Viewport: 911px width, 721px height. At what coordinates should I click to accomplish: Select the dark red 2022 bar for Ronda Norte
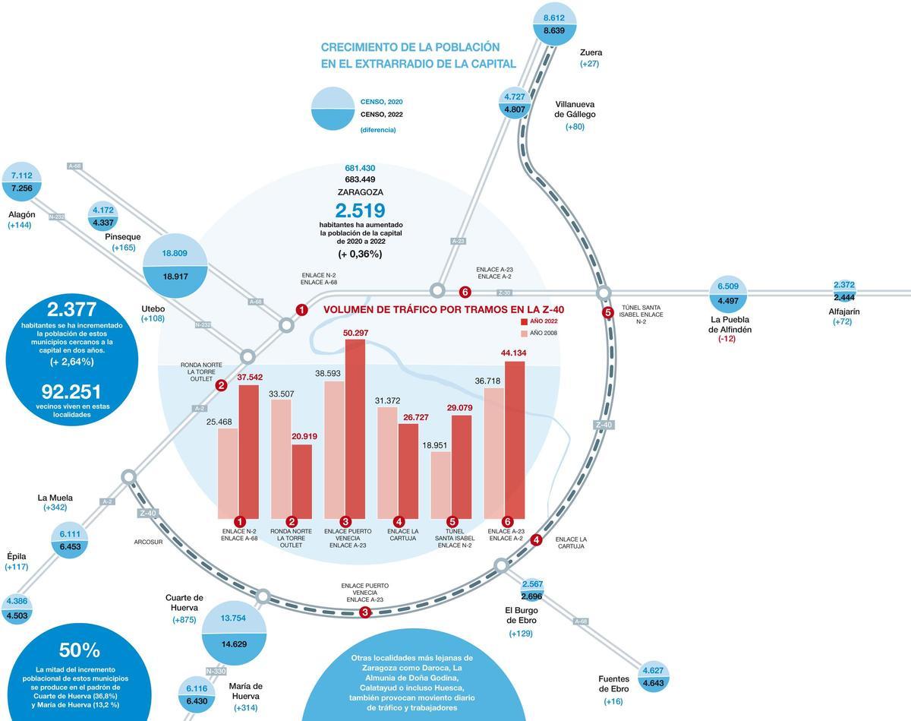pyautogui.click(x=301, y=481)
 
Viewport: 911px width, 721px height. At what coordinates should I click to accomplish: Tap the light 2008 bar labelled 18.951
pyautogui.click(x=441, y=485)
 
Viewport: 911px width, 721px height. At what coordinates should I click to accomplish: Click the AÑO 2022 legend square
pyautogui.click(x=524, y=322)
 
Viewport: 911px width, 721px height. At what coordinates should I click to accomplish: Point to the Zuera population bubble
pyautogui.click(x=554, y=24)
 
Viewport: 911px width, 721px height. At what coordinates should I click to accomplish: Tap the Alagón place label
pyautogui.click(x=22, y=214)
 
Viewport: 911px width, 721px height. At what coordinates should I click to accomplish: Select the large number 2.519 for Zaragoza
pyautogui.click(x=360, y=210)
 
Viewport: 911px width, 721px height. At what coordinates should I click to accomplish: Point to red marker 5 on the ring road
pyautogui.click(x=607, y=312)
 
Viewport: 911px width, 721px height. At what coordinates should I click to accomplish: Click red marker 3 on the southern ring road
pyautogui.click(x=365, y=612)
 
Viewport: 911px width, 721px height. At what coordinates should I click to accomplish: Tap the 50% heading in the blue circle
pyautogui.click(x=80, y=650)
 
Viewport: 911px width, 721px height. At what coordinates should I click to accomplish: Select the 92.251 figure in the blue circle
pyautogui.click(x=72, y=391)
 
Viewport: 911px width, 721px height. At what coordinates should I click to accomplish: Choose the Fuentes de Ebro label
pyautogui.click(x=613, y=684)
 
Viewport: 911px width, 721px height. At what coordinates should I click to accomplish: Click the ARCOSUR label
pyautogui.click(x=148, y=542)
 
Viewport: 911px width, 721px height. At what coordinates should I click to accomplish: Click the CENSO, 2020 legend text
pyautogui.click(x=381, y=102)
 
